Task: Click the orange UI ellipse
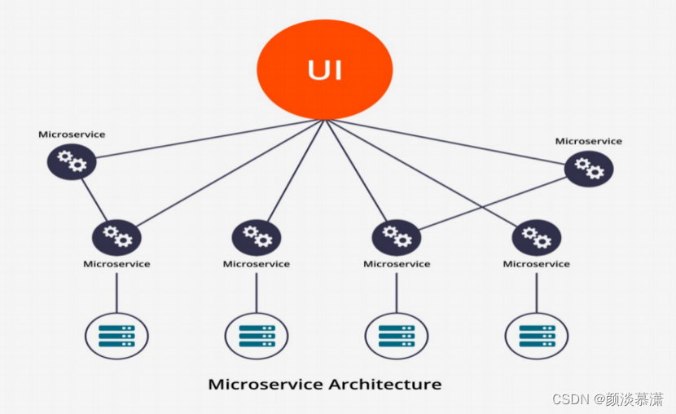(325, 69)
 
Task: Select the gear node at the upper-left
(72, 161)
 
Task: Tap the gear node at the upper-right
(589, 168)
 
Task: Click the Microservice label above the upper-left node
(72, 134)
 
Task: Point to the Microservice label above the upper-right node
(589, 141)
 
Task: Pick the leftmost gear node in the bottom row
(116, 238)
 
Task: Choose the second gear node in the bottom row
(257, 238)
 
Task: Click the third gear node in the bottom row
(397, 238)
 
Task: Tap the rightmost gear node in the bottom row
(536, 238)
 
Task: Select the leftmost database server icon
(116, 336)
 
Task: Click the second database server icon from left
(257, 336)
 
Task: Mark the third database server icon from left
(397, 336)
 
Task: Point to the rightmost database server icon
(536, 336)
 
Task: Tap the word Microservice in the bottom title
(266, 384)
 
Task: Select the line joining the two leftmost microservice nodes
(94, 200)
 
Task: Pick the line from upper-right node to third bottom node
(493, 203)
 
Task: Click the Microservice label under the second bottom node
(257, 264)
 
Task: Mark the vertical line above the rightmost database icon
(536, 293)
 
